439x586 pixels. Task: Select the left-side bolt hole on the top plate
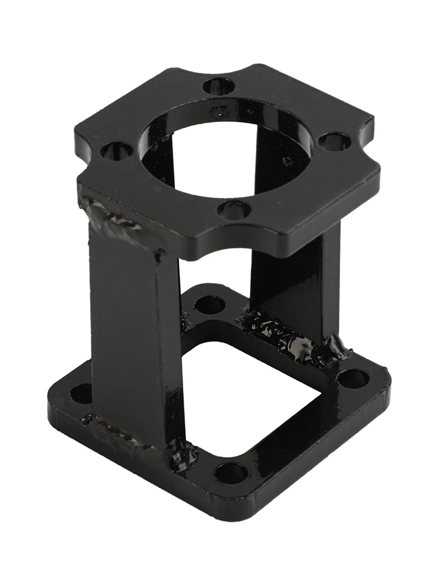tap(116, 151)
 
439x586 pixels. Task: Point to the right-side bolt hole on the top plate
tap(335, 141)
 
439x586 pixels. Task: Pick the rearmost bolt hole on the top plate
tap(219, 87)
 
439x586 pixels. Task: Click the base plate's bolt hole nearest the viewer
tap(231, 472)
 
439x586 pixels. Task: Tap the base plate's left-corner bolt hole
tap(81, 393)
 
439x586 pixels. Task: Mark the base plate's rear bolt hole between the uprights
tap(209, 304)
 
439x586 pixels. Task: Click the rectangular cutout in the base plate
tap(252, 398)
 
